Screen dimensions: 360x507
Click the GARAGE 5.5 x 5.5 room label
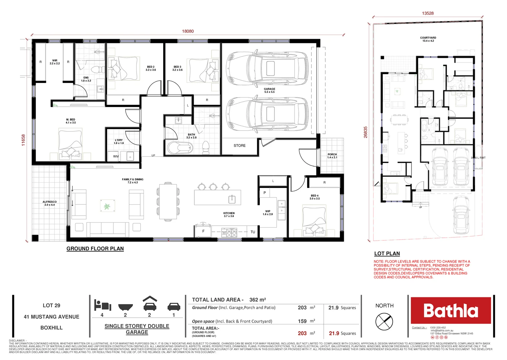click(269, 90)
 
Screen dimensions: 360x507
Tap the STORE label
click(239, 146)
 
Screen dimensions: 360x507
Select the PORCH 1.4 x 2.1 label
click(332, 156)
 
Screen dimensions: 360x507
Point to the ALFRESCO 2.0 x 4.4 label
click(50, 203)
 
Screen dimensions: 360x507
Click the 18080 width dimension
click(188, 31)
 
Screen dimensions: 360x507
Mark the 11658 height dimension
click(23, 140)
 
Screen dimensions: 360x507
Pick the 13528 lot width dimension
click(427, 13)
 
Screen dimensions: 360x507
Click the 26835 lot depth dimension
click(365, 132)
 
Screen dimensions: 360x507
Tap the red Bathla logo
click(450, 310)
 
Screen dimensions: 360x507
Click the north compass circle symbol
click(384, 322)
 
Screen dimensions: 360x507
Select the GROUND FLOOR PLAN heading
click(95, 249)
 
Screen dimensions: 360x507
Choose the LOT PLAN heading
click(387, 254)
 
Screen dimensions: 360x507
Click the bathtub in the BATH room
click(180, 148)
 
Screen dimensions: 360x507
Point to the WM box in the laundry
click(116, 156)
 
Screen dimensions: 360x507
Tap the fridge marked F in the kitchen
click(203, 231)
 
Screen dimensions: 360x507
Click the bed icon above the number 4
click(102, 305)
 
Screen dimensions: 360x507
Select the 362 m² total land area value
click(257, 300)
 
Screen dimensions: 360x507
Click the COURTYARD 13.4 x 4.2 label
click(428, 39)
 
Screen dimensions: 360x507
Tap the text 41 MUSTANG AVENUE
click(51, 317)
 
